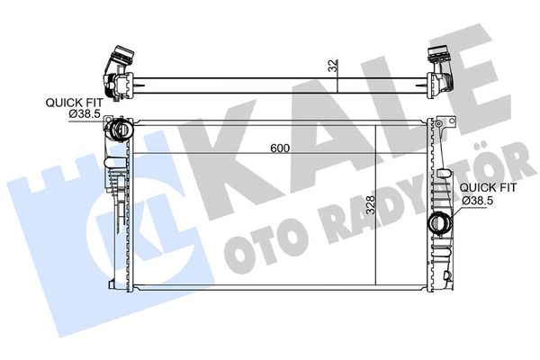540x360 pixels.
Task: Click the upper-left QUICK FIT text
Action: click(72, 103)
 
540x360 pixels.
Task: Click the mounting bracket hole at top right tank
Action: click(444, 127)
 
